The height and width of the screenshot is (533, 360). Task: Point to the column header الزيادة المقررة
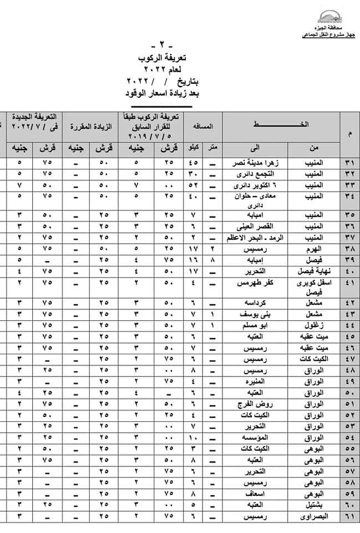[91, 126]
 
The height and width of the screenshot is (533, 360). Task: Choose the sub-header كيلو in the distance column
[194, 148]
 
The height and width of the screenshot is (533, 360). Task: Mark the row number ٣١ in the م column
[349, 163]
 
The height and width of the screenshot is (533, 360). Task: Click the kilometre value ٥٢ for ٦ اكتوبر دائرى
[193, 184]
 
